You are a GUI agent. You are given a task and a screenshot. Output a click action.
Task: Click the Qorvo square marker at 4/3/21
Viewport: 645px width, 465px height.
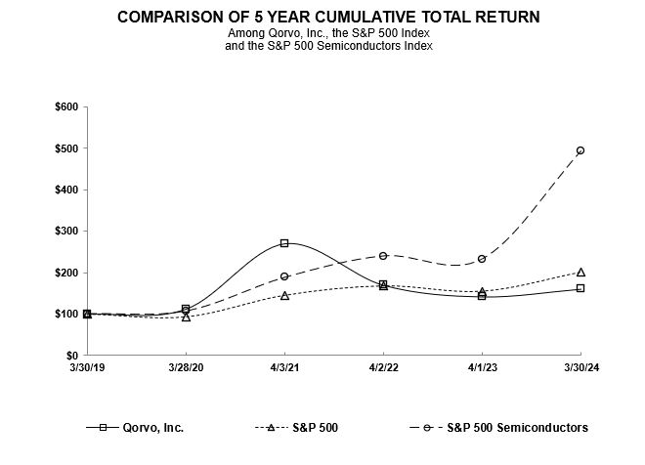284,243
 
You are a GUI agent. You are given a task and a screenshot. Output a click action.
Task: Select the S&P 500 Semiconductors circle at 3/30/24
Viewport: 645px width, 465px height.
580,150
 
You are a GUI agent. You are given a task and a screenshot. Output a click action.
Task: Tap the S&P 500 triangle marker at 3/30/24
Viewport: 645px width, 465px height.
580,272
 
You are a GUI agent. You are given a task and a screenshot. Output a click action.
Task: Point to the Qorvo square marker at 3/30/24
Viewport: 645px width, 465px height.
580,288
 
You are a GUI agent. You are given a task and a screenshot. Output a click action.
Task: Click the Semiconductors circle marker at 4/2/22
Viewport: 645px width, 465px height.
383,256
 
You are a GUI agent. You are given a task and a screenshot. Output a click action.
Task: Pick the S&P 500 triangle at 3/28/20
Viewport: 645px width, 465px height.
186,317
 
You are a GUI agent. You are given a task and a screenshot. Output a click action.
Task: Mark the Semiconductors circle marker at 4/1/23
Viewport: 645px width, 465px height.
482,259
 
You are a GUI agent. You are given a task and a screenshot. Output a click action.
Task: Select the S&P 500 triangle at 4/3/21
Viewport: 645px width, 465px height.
284,295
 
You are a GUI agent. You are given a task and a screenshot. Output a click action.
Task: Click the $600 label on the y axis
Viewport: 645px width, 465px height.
66,106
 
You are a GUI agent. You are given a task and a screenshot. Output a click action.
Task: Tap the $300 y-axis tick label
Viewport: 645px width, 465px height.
66,232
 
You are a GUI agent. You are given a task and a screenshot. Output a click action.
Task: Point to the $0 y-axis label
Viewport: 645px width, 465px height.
71,356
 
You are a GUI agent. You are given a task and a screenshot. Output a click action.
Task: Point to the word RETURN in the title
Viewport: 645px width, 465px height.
497,18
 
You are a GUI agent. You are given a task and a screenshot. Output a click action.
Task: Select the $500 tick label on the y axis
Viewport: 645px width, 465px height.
66,148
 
